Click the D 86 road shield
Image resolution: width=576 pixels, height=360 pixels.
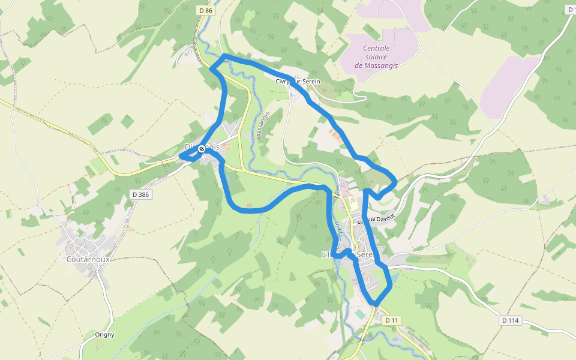(205, 10)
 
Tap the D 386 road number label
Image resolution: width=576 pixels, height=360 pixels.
(140, 194)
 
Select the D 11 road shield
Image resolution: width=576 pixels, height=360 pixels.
(392, 320)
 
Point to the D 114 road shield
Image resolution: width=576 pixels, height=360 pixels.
(509, 320)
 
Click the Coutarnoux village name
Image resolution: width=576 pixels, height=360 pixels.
(87, 260)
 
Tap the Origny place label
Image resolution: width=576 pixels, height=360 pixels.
(104, 335)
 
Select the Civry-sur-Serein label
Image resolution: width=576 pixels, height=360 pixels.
(298, 82)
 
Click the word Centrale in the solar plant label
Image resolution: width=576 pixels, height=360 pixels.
(376, 49)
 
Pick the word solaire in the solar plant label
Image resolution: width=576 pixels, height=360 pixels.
(376, 57)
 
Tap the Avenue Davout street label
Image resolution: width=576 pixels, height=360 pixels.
(376, 220)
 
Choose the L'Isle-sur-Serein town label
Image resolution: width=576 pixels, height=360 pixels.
(347, 254)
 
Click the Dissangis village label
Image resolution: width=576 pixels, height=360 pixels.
(202, 146)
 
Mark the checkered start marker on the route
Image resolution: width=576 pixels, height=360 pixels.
(202, 149)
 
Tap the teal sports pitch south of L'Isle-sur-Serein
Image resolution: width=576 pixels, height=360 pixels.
(359, 314)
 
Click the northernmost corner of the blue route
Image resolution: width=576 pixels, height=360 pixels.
(224, 56)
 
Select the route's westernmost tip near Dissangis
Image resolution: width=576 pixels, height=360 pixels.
(180, 157)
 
